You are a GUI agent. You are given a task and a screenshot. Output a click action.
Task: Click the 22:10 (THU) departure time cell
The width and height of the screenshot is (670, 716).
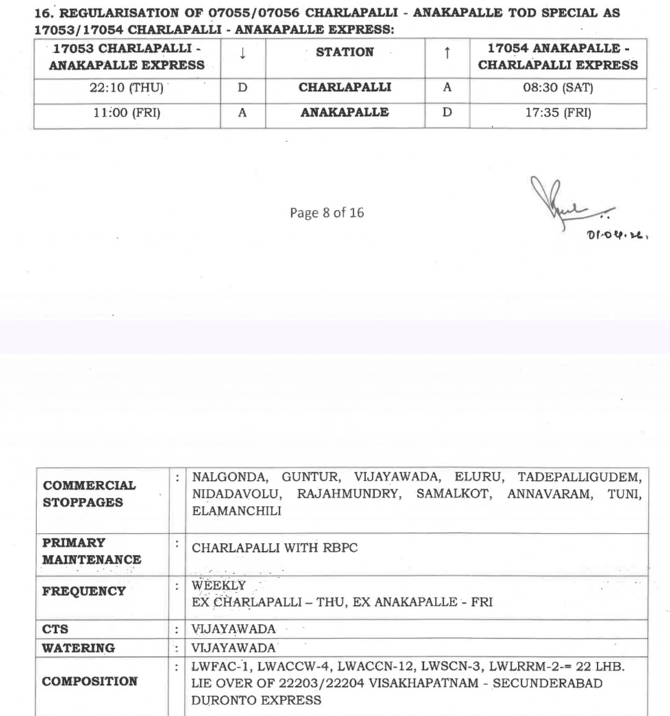(x=126, y=88)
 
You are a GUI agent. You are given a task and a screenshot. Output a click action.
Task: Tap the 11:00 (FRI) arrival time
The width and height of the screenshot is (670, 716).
(x=126, y=113)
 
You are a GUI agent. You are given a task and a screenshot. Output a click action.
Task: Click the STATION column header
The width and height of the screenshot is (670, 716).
(x=345, y=52)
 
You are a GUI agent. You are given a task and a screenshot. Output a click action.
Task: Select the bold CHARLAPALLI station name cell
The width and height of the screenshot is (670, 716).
(x=345, y=88)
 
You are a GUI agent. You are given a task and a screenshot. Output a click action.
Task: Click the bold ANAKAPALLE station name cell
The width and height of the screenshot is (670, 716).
(x=345, y=113)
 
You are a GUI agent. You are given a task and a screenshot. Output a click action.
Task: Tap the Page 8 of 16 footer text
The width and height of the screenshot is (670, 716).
(x=326, y=213)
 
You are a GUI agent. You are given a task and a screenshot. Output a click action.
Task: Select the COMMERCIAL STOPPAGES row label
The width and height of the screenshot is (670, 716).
(x=89, y=494)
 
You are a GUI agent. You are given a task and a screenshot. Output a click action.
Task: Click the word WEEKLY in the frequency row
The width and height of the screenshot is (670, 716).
(x=219, y=586)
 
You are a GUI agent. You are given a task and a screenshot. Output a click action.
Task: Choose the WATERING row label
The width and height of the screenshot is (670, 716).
(x=78, y=648)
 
